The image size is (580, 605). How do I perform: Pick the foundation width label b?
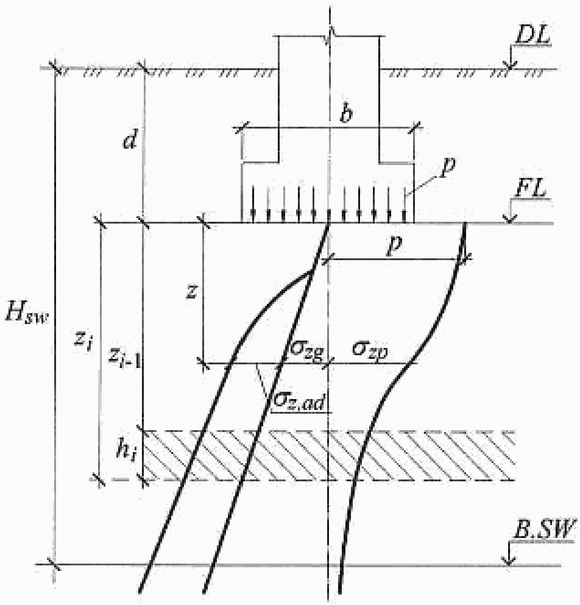346,116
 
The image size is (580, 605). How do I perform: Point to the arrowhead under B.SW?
511,560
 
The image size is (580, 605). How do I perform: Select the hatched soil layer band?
329,455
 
